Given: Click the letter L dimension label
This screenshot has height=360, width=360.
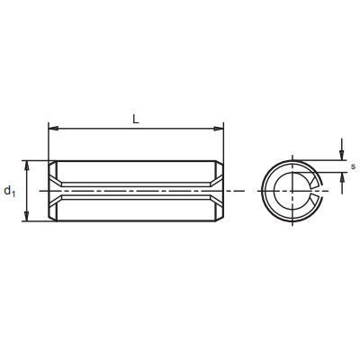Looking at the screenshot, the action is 136,120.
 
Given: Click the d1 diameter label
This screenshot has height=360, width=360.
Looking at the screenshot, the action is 10,191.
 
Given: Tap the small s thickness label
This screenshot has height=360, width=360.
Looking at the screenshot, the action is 354,166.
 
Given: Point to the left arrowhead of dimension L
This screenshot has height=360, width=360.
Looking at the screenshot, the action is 53,129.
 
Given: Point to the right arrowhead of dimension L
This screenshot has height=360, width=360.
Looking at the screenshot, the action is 219,129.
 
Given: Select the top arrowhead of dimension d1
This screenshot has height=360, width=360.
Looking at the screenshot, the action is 27,166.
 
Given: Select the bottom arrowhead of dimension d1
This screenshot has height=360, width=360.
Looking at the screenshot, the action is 27,217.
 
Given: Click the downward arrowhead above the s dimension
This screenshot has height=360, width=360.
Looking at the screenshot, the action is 342,156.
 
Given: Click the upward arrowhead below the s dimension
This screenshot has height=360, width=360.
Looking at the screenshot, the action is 342,177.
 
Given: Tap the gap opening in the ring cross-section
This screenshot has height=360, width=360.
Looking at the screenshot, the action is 318,191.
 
